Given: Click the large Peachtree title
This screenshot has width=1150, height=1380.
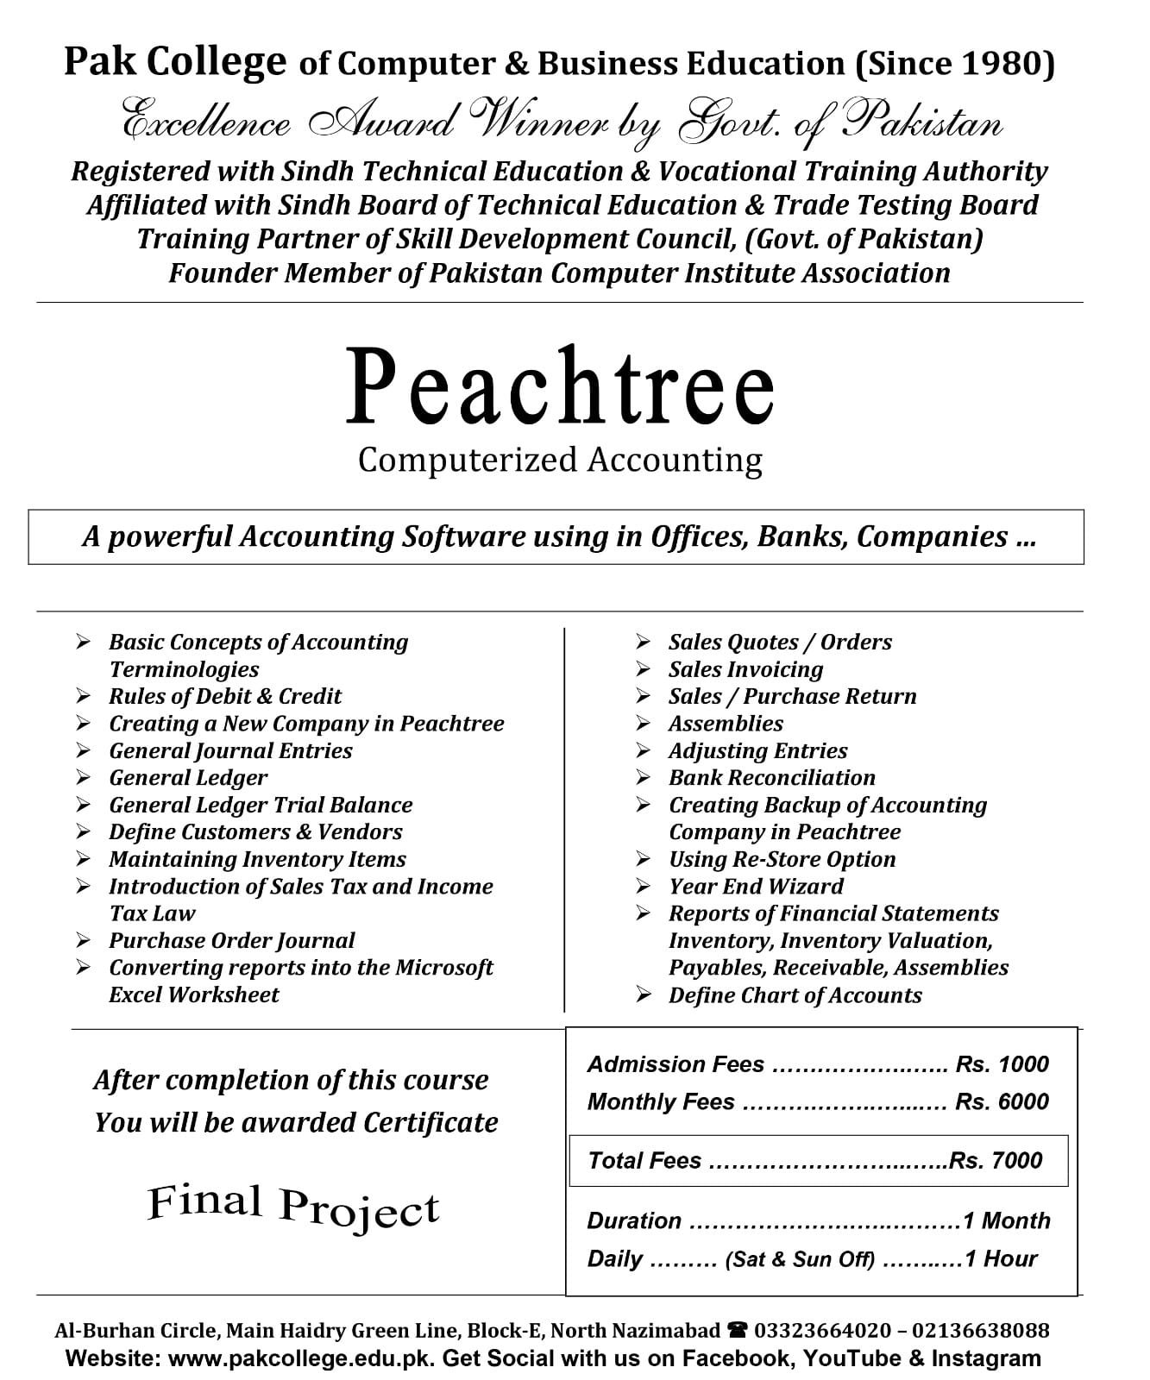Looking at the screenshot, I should point(560,386).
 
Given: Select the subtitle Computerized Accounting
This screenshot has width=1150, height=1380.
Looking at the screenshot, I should point(560,460).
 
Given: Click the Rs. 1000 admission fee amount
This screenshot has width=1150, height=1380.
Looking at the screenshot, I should point(1002,1063).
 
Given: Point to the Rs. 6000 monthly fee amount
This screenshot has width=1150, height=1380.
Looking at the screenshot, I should point(1002,1101).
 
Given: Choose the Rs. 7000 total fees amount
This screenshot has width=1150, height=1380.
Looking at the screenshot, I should point(996,1160).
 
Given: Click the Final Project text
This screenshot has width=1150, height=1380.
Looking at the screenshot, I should point(293,1205).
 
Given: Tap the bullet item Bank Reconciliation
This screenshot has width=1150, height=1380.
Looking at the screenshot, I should point(771,777).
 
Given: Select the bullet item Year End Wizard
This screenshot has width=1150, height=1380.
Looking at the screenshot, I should point(756,886).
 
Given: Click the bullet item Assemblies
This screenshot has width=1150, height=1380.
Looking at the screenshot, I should point(726,723).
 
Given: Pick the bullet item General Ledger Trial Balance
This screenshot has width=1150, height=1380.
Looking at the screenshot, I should point(261,805).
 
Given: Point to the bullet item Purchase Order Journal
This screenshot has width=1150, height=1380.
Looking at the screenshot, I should point(231,940).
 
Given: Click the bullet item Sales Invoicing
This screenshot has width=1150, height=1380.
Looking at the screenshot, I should point(745,669).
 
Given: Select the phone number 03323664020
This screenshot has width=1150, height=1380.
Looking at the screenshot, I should point(823,1331).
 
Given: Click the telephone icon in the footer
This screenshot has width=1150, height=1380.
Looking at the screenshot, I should point(738,1331).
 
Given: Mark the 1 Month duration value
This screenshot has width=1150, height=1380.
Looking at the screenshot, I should point(1006,1220).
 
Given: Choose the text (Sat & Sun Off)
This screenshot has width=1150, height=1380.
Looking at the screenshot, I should point(800,1259).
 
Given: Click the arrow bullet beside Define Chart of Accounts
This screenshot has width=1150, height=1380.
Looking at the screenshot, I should point(644,994).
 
